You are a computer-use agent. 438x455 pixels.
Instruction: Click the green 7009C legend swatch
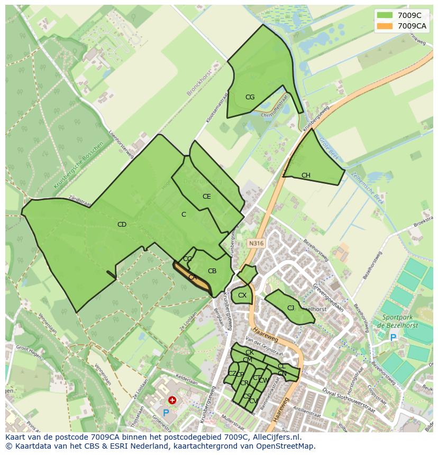click(x=385, y=15)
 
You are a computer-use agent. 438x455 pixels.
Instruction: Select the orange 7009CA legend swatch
click(x=385, y=26)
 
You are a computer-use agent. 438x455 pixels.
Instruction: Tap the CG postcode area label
click(x=250, y=97)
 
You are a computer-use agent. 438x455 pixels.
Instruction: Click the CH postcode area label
click(x=306, y=175)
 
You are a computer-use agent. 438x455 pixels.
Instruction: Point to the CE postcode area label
click(x=206, y=197)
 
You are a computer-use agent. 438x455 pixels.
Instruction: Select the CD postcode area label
click(x=122, y=225)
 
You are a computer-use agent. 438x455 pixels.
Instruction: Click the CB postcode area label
click(x=212, y=271)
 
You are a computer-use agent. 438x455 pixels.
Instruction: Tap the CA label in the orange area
click(x=193, y=277)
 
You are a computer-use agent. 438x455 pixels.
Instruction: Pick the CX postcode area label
click(x=242, y=295)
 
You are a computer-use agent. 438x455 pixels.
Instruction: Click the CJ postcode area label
click(x=290, y=308)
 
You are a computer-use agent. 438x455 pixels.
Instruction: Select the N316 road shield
click(x=255, y=244)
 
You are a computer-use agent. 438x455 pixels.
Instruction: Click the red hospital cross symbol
click(x=172, y=401)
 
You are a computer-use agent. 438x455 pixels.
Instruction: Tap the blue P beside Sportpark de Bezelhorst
click(x=393, y=337)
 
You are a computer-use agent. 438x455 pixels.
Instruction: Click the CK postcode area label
click(x=249, y=352)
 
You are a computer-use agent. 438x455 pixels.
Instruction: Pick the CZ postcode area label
click(x=232, y=374)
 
